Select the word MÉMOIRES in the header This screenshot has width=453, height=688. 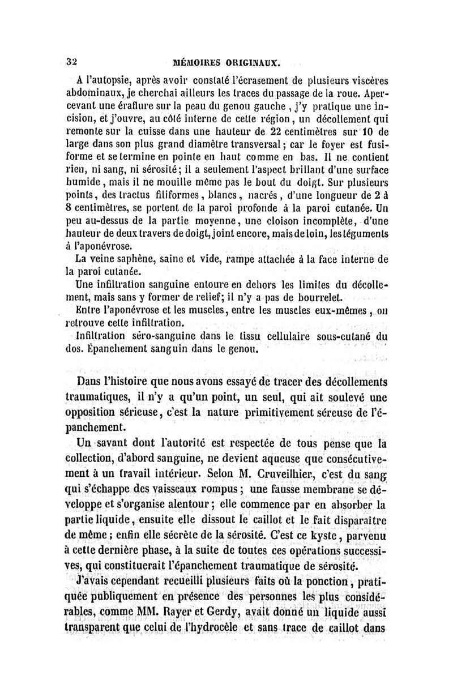197,61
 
